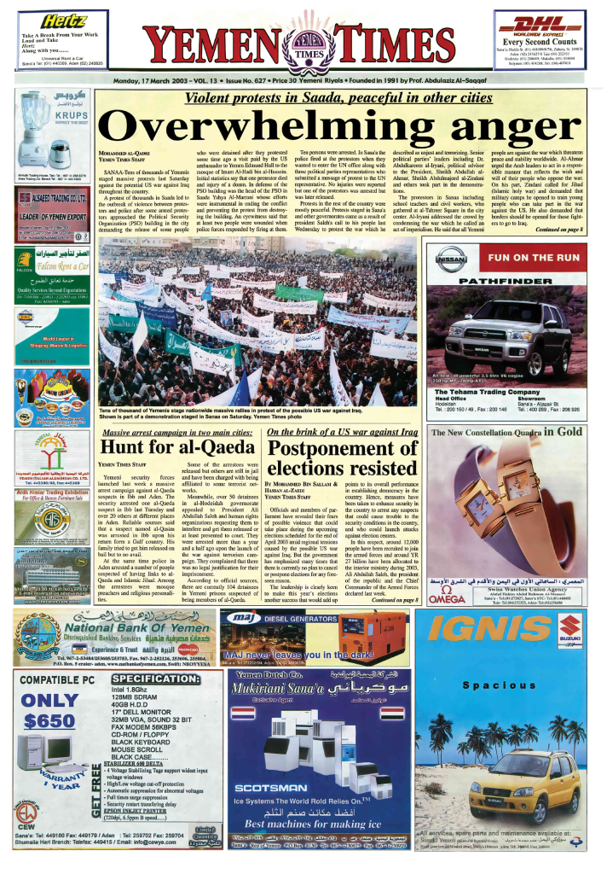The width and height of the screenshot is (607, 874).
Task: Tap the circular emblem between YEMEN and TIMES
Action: tap(303, 45)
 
